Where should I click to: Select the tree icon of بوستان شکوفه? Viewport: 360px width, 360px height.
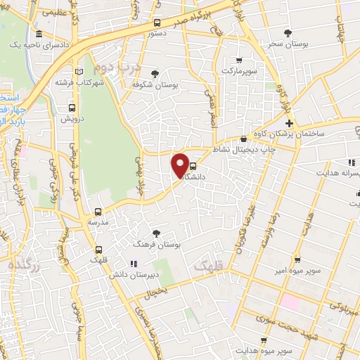point(155,74)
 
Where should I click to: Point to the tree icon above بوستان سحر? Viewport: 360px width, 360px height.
point(288,33)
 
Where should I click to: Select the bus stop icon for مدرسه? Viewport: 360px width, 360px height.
point(98,211)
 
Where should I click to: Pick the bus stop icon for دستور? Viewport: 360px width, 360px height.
point(157,22)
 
